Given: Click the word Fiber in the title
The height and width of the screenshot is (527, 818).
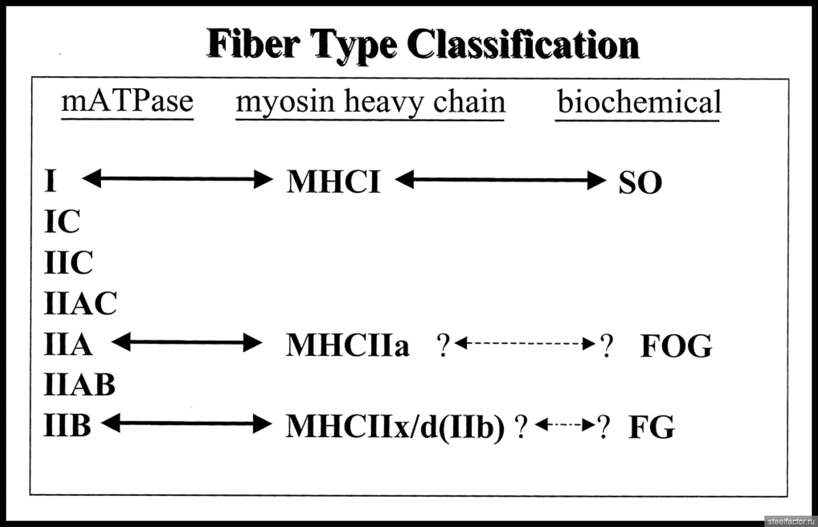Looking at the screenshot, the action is click(x=254, y=44).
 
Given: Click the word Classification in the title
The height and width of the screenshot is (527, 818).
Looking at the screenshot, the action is click(x=523, y=44).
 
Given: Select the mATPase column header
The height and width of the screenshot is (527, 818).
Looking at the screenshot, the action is click(x=127, y=101).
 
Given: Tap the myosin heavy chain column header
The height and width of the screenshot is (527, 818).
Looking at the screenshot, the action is click(x=370, y=103).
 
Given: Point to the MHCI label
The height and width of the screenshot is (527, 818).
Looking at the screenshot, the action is click(x=333, y=182).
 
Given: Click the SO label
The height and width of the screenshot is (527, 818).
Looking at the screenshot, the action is click(x=640, y=183).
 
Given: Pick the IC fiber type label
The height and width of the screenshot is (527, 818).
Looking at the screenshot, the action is click(x=62, y=222).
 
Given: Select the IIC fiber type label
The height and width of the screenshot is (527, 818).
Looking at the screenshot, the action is click(x=69, y=262).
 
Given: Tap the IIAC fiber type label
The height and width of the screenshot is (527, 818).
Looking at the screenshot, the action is click(x=80, y=303).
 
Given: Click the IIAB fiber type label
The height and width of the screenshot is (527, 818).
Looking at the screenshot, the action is click(x=80, y=385).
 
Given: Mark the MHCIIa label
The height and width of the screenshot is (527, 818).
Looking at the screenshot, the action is click(x=348, y=345).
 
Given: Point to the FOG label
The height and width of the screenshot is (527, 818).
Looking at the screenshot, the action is click(x=676, y=346).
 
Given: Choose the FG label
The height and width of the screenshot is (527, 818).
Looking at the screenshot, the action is click(x=651, y=427).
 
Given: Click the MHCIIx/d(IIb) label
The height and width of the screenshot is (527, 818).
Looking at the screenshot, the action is click(x=395, y=427).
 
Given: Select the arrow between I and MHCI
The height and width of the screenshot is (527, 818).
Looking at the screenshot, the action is click(x=177, y=179).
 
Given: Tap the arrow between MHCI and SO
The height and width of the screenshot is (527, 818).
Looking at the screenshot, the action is click(x=500, y=180).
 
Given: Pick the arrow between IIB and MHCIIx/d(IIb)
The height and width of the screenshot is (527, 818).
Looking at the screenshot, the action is click(x=186, y=424).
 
